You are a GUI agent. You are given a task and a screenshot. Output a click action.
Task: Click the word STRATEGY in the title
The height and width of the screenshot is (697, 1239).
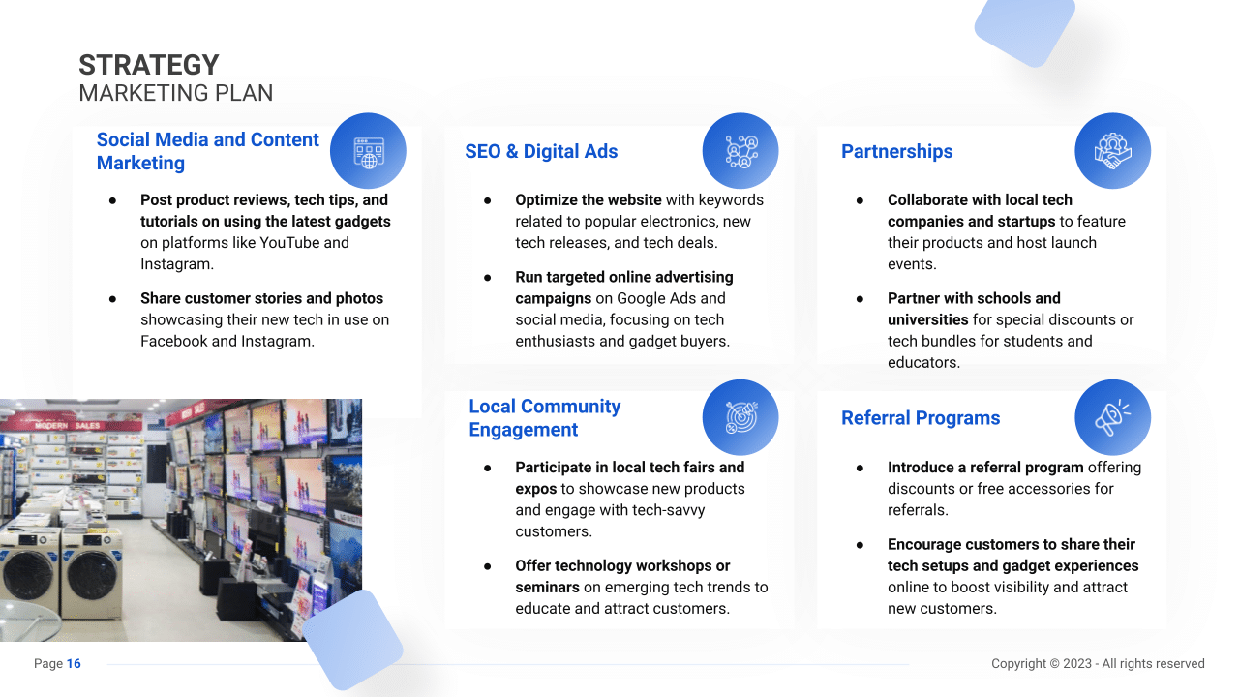[149, 65]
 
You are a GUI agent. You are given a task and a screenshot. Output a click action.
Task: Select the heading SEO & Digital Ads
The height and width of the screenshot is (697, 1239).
[541, 152]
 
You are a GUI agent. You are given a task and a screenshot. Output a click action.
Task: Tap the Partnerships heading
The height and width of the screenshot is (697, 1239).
[896, 152]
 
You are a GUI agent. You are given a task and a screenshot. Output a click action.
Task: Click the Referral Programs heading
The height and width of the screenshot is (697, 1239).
[921, 418]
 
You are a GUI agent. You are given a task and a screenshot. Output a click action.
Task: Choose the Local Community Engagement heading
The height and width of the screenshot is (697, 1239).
[545, 418]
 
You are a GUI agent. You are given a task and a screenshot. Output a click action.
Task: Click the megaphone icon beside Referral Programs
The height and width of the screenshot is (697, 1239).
[1112, 417]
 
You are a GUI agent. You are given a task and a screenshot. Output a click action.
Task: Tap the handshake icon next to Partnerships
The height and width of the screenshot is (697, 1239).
[1112, 151]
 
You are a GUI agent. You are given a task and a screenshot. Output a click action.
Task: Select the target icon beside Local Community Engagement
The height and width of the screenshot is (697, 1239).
[740, 417]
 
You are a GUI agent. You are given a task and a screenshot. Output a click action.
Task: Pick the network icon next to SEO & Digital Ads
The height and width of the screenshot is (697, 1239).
[741, 151]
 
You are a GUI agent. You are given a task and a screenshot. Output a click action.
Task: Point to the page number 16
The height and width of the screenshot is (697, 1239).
[74, 664]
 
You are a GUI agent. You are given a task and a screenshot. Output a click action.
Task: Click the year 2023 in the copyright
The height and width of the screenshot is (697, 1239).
[1076, 664]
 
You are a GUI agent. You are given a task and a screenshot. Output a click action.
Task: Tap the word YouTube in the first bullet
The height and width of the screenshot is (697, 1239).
[289, 243]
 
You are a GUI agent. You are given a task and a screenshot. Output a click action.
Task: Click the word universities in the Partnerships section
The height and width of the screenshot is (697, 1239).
[927, 319]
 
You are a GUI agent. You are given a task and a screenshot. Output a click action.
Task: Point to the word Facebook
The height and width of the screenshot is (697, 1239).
[173, 342]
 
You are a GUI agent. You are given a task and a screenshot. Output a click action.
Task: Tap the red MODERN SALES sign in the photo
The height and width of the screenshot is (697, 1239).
[67, 425]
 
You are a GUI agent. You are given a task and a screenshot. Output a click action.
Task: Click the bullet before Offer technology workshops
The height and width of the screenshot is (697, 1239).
[487, 566]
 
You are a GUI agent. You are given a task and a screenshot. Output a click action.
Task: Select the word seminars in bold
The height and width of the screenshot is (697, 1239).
[547, 588]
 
